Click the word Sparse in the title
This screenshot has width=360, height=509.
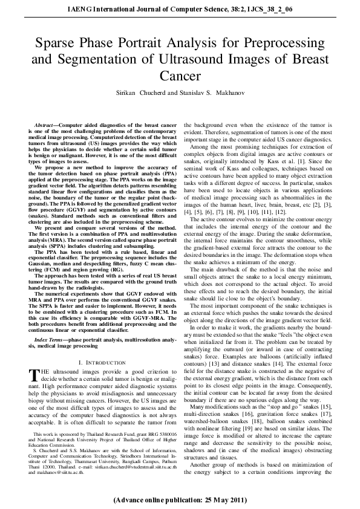pyautogui.click(x=54, y=44)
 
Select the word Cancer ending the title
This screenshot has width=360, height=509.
pyautogui.click(x=180, y=76)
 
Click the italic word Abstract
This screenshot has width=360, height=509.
pyautogui.click(x=45, y=124)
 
